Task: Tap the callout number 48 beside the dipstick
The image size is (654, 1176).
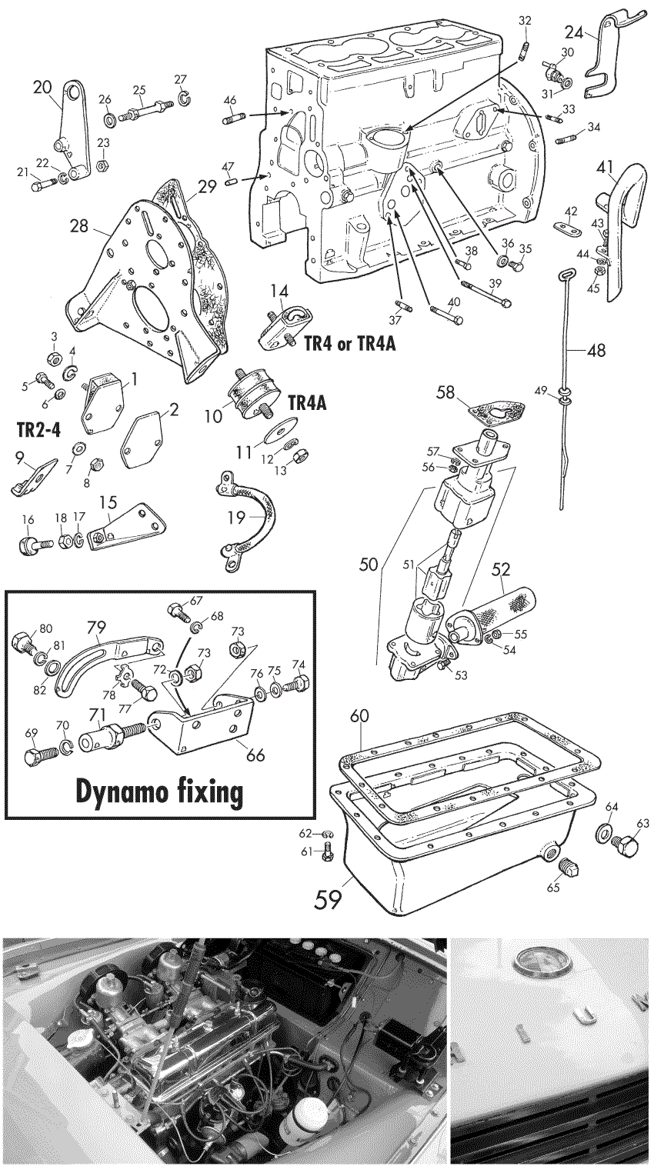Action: point(596,351)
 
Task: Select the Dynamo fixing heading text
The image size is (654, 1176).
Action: point(161,791)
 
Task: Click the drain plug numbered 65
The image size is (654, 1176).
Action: point(566,867)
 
